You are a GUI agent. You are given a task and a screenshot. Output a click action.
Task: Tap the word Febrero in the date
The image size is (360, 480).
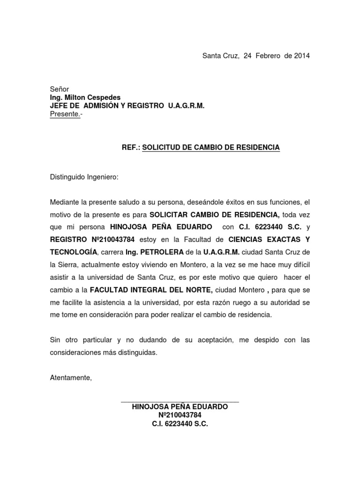269,56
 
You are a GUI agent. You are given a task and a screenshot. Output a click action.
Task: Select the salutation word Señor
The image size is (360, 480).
60,89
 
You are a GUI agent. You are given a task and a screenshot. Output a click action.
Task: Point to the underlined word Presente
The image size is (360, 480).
65,114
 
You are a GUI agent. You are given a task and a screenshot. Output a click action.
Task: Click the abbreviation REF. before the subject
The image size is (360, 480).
131,147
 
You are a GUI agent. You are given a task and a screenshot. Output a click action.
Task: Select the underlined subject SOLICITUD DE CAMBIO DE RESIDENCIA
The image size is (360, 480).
211,147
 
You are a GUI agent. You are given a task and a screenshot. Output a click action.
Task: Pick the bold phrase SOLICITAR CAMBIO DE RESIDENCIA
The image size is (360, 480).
215,215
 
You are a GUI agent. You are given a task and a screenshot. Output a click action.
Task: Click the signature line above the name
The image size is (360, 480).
180,402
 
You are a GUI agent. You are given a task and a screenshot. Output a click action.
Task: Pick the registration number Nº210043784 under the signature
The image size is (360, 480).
180,415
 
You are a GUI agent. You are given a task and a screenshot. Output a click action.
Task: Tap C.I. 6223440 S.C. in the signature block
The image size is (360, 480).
180,423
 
